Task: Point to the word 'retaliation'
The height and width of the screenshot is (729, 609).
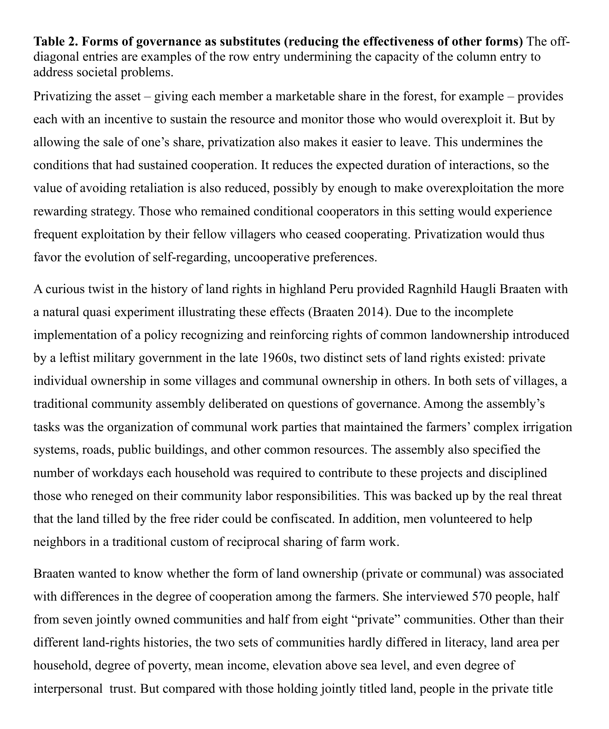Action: (x=153, y=188)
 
